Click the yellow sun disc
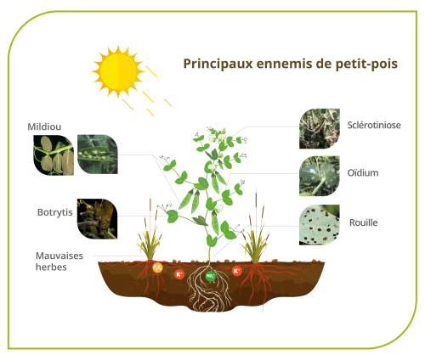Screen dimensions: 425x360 click(x=118, y=71)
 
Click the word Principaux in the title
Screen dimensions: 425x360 click(x=218, y=64)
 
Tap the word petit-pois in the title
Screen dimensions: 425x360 click(x=366, y=64)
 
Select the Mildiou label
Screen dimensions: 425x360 click(x=44, y=127)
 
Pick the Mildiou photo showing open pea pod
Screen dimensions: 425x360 click(x=98, y=155)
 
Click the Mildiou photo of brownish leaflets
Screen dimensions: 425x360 click(x=54, y=155)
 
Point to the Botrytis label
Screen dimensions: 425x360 click(x=55, y=212)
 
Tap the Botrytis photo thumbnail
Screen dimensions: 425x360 click(x=97, y=219)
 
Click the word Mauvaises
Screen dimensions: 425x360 click(x=59, y=256)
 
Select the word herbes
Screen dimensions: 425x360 click(x=51, y=267)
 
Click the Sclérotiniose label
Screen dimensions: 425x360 click(x=374, y=125)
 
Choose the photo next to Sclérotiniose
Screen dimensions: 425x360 click(x=320, y=128)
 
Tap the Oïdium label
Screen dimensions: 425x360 click(x=363, y=172)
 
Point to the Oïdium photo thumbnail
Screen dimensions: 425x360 click(x=320, y=176)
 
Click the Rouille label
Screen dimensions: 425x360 click(x=364, y=222)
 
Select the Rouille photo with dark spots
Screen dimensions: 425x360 click(x=320, y=225)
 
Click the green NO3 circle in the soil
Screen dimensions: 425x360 click(x=210, y=276)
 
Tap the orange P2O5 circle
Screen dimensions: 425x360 click(x=157, y=267)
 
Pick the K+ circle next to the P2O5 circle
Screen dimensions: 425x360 click(x=179, y=274)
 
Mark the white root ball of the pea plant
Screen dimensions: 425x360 click(x=210, y=288)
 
